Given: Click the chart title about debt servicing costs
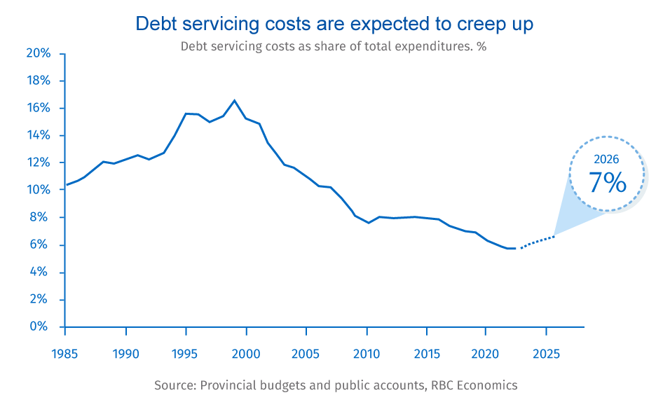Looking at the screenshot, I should (334, 24).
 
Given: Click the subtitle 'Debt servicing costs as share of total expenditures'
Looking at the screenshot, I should (334, 47).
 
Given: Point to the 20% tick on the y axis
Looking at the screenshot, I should (39, 53).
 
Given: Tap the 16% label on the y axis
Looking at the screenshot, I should (39, 108).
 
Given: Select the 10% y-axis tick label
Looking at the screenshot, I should (39, 190).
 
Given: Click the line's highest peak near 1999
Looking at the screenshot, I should (234, 100).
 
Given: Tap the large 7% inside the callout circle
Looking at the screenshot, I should (607, 182).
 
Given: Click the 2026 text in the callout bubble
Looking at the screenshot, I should (607, 160).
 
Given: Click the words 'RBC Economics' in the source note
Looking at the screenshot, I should (482, 385).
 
